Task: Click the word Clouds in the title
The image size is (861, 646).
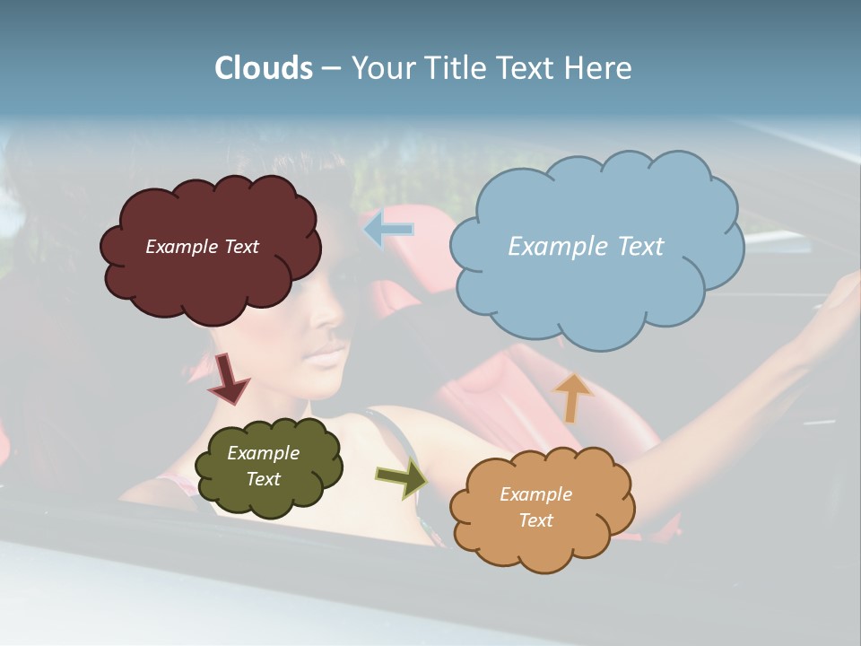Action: click(264, 68)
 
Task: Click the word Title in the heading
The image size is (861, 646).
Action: click(453, 68)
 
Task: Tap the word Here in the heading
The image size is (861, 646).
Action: click(599, 68)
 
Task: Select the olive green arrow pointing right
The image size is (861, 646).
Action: click(401, 477)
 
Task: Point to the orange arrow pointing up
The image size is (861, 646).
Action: click(572, 397)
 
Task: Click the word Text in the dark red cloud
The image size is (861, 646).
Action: click(240, 247)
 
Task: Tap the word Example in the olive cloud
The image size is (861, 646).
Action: click(263, 453)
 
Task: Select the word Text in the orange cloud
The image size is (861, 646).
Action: click(535, 520)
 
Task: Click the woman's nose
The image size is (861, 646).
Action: click(332, 316)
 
